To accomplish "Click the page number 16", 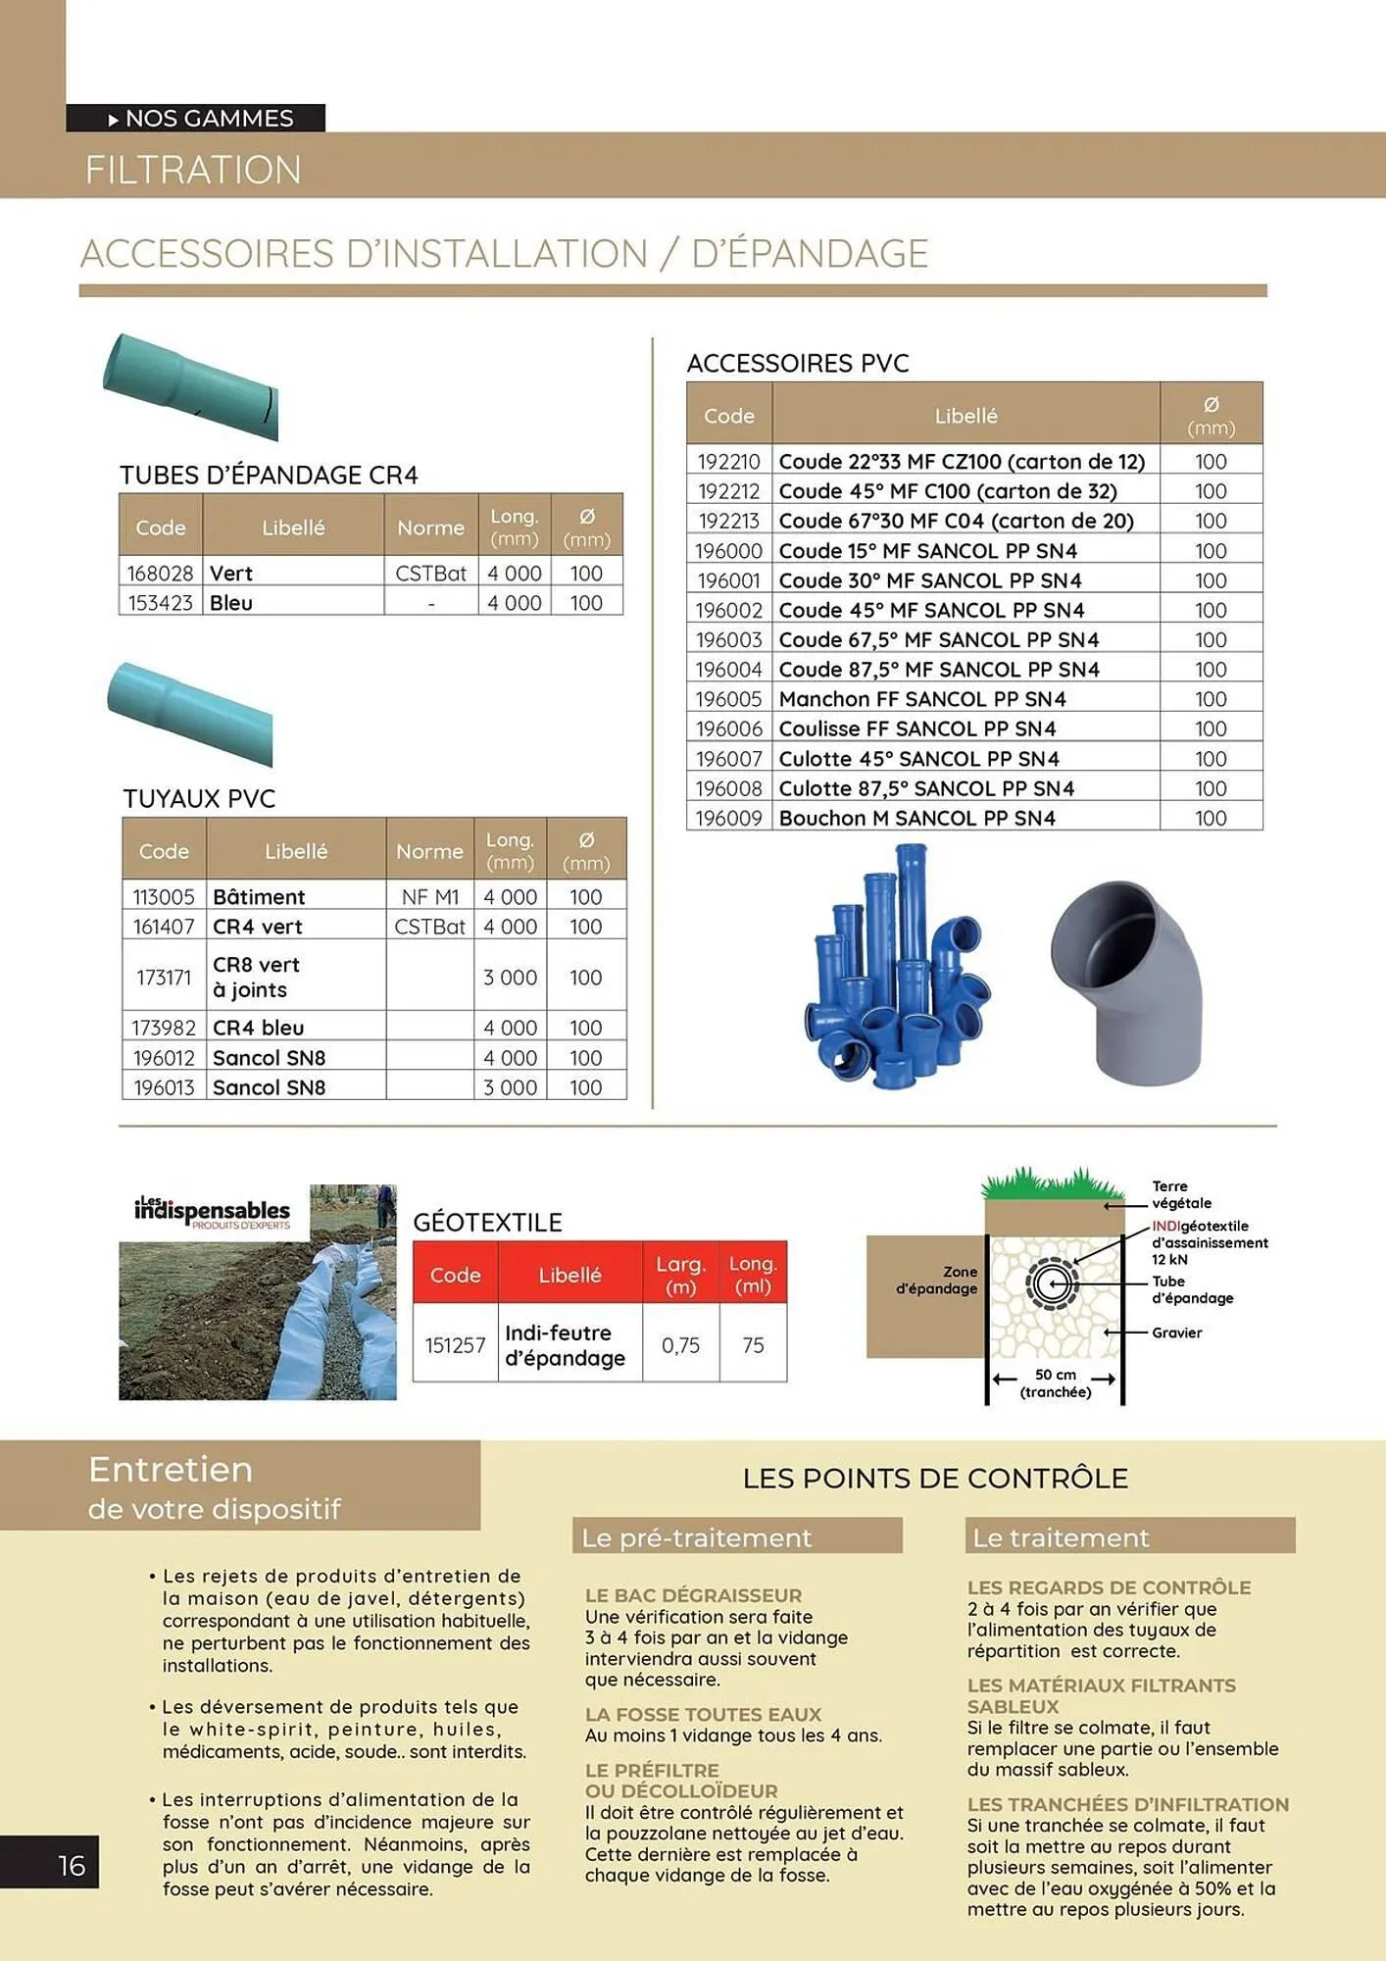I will (x=72, y=1865).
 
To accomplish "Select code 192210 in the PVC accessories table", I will (x=728, y=461).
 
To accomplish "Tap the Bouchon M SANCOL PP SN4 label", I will (x=916, y=818).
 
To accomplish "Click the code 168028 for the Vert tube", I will (x=160, y=573).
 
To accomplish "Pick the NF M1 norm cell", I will (x=429, y=896).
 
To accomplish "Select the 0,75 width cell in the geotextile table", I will (x=680, y=1345).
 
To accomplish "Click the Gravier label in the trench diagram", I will (x=1176, y=1332).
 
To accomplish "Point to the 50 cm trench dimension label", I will (x=1055, y=1383).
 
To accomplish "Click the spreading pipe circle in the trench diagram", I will (x=1051, y=1283).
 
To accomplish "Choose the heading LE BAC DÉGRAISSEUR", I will (x=693, y=1595).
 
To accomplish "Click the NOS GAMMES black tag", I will (x=196, y=118).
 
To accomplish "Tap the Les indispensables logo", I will (x=214, y=1212).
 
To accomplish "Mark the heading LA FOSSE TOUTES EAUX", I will (x=703, y=1714).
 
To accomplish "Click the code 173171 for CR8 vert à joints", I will (x=164, y=977).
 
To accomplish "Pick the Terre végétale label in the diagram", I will (x=1181, y=1194).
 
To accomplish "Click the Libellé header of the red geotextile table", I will (x=569, y=1275).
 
